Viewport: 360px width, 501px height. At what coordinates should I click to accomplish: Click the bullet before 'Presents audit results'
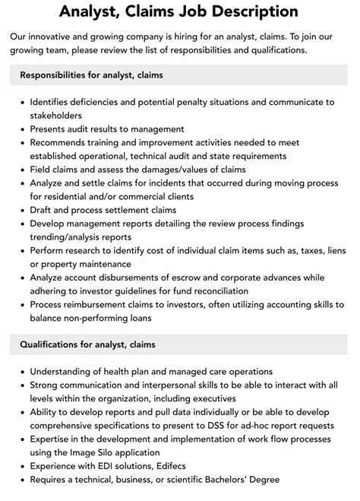[21, 129]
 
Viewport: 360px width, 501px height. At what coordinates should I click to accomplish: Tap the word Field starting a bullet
[43, 170]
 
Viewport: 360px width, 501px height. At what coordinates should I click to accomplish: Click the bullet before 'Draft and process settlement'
[21, 210]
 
